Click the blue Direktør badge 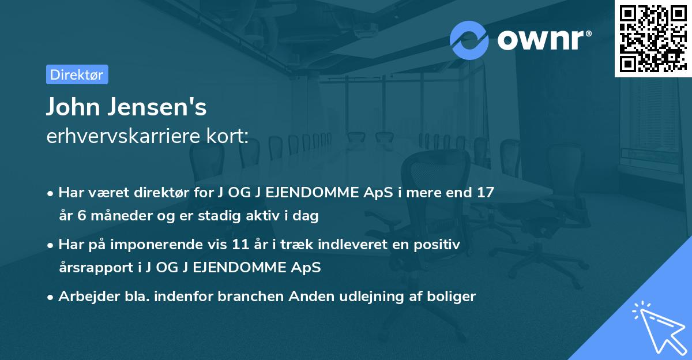(x=77, y=74)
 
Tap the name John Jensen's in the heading (x=126, y=107)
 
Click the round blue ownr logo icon (x=469, y=40)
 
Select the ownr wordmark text (x=544, y=40)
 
